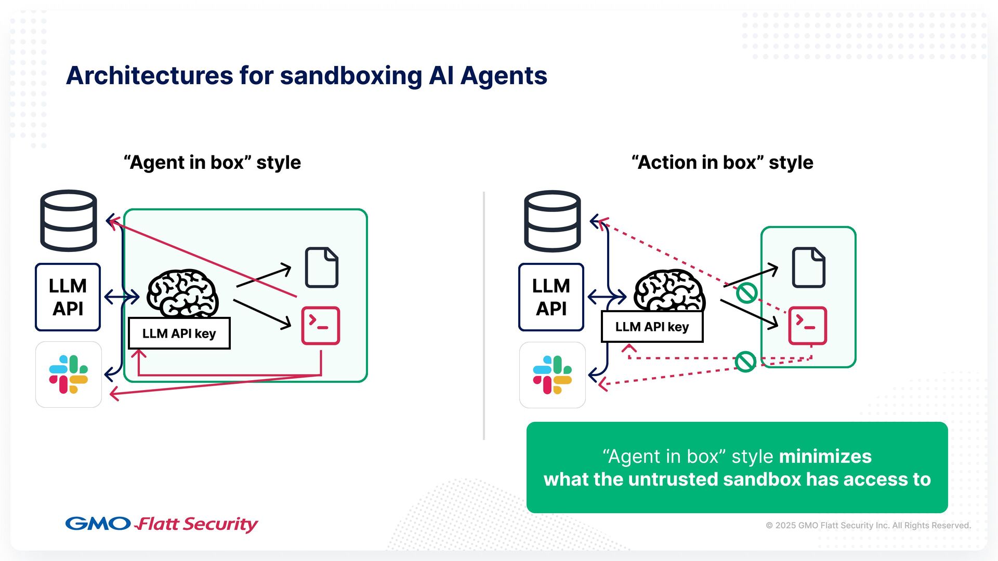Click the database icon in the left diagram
tap(69, 221)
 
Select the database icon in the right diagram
tap(552, 221)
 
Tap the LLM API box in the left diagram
tap(68, 297)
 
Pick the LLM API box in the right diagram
tap(551, 297)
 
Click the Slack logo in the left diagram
tap(69, 375)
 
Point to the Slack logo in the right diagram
tap(552, 375)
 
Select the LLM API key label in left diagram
tap(179, 333)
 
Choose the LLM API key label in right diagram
tap(652, 327)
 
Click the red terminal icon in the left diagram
tap(321, 326)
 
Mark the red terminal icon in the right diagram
tap(807, 326)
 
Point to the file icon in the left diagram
tap(322, 268)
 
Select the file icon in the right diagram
tap(808, 268)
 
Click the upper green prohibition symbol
tap(746, 292)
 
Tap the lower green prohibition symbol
tap(745, 362)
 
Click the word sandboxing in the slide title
tap(351, 76)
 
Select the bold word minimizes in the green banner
tap(825, 457)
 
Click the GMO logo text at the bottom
tap(98, 523)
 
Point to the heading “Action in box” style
tap(722, 163)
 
